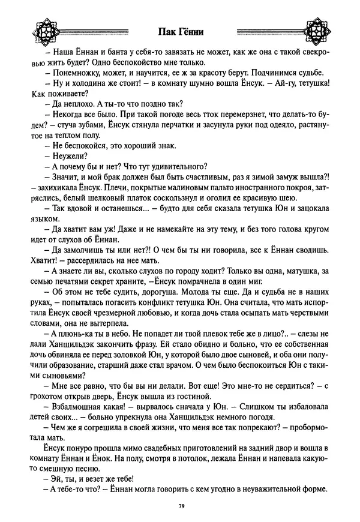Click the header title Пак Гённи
click(179, 31)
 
